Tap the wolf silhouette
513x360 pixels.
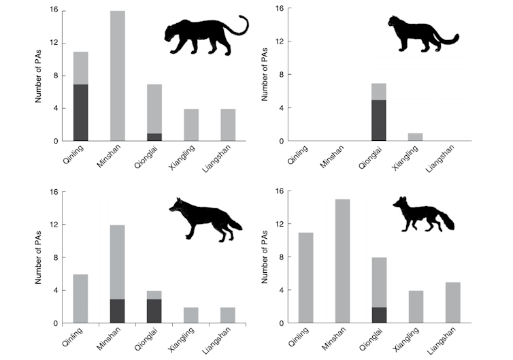tap(204, 218)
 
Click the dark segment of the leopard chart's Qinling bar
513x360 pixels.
tap(81, 112)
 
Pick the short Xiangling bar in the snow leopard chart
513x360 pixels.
tap(416, 137)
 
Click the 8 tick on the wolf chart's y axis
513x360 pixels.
tap(54, 257)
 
